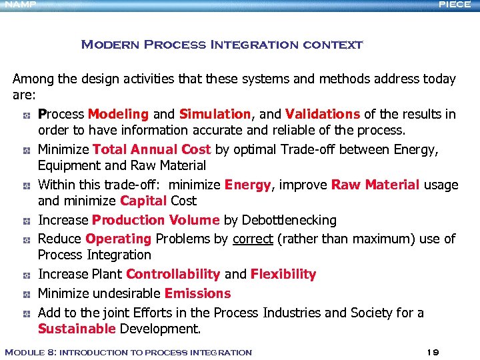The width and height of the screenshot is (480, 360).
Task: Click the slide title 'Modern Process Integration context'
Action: [x=221, y=45]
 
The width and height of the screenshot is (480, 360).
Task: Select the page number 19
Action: [x=432, y=352]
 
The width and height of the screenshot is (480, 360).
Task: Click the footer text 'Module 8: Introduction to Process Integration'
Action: [x=128, y=352]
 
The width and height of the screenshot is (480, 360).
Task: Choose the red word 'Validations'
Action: [x=323, y=114]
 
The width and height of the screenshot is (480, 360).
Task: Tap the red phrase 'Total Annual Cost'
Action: [x=151, y=149]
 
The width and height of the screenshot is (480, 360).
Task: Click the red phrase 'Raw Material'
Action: [x=375, y=185]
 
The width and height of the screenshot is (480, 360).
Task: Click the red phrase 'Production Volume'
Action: [x=155, y=220]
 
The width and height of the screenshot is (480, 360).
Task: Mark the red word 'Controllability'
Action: [x=173, y=274]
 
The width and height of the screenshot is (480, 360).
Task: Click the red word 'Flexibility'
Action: [x=283, y=274]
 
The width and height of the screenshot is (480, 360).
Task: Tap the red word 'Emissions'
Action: [x=197, y=293]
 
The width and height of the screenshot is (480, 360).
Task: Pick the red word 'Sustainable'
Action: [x=77, y=329]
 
